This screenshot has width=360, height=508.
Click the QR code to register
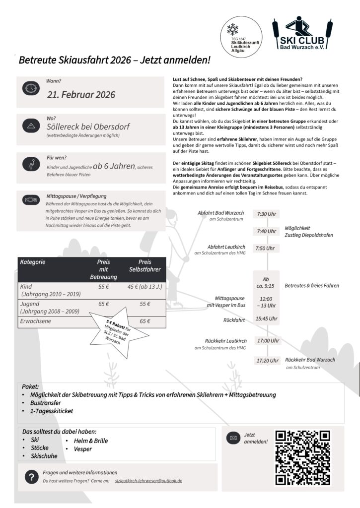(x=302, y=457)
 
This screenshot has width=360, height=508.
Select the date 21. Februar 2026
(x=81, y=94)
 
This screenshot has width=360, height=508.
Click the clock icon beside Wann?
(x=31, y=88)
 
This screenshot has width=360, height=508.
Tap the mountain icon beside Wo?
(x=31, y=126)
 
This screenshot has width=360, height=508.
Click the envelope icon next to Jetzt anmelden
(x=232, y=438)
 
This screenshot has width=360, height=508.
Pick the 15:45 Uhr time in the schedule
(x=267, y=318)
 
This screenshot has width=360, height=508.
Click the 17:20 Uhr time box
(x=267, y=361)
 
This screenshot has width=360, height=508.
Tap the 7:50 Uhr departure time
(x=265, y=249)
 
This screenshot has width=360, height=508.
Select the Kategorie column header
(x=32, y=262)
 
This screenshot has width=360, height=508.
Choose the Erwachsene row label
(x=36, y=321)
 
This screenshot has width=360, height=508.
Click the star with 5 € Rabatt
(x=118, y=332)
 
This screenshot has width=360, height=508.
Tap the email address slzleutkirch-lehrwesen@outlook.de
(x=148, y=481)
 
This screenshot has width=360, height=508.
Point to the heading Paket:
(x=30, y=386)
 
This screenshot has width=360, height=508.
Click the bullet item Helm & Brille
(x=90, y=441)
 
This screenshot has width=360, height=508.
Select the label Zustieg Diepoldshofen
(x=308, y=235)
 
